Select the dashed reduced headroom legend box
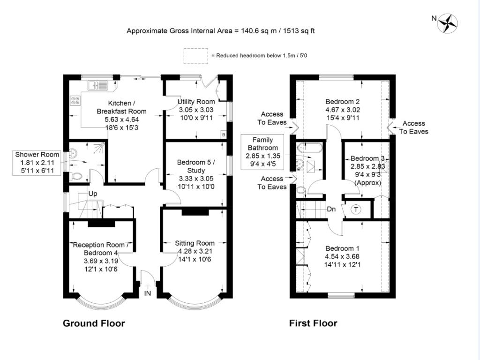coord(196,55)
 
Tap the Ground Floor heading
coord(94,323)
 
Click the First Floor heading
coord(313,323)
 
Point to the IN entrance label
coord(148,293)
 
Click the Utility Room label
coord(196,102)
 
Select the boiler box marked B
coord(223,135)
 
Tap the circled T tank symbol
coord(356,210)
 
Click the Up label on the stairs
coord(93,194)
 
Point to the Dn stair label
coord(331,209)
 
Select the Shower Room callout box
coord(37,163)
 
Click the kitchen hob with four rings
coord(75,100)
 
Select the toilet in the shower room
coord(77,177)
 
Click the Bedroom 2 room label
coord(343,101)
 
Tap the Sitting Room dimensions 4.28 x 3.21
coord(195,252)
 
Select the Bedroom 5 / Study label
coord(195,166)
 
